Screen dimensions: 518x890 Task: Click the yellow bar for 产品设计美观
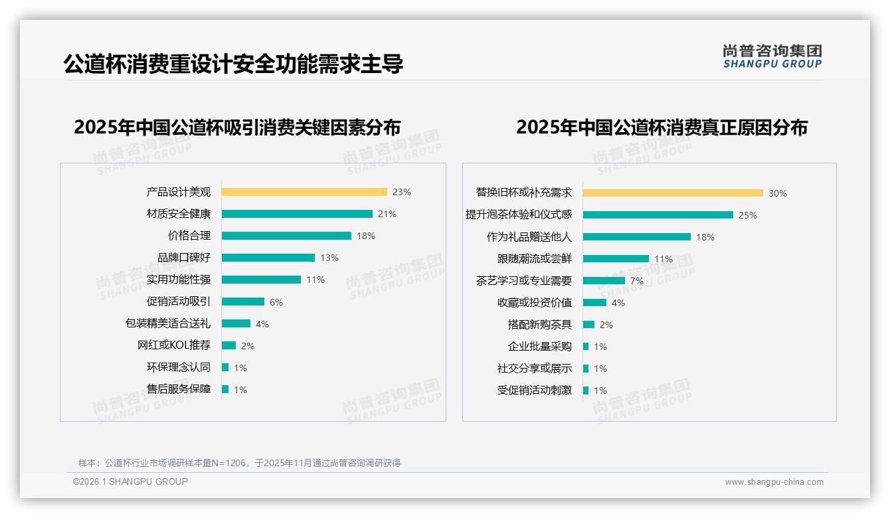pos(304,192)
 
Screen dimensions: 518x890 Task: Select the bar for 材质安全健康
pos(297,214)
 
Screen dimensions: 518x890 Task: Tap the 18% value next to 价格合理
pos(366,236)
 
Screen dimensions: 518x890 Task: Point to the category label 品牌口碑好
pos(183,258)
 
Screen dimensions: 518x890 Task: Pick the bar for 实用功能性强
pos(261,280)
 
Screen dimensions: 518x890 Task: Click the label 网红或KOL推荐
pos(173,345)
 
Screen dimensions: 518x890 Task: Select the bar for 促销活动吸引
pos(243,302)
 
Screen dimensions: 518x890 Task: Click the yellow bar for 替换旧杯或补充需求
pos(673,193)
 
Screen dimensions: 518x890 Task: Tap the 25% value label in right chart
pos(748,215)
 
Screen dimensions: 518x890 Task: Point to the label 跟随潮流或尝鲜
pos(534,259)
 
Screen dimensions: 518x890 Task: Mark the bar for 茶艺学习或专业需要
pos(604,281)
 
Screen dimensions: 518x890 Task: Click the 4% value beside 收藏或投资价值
pos(618,303)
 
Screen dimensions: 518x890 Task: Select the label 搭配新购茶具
pos(539,325)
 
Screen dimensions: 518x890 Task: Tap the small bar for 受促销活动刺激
pos(586,390)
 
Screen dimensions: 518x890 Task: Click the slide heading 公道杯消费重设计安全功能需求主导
pos(233,64)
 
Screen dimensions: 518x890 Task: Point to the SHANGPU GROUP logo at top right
pos(772,56)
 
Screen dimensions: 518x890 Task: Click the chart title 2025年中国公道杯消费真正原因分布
pos(662,128)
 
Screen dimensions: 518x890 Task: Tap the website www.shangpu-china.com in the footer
pos(774,482)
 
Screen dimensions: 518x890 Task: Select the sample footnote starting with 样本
pos(239,463)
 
